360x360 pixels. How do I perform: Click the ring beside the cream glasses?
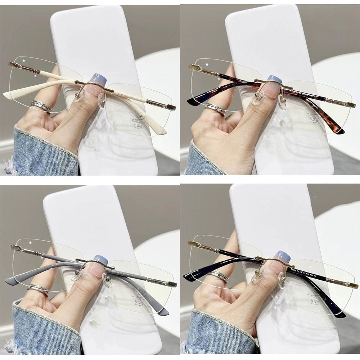click(41, 106)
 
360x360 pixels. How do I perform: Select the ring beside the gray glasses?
click(38, 289)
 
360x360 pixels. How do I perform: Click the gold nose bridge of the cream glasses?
click(94, 86)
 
